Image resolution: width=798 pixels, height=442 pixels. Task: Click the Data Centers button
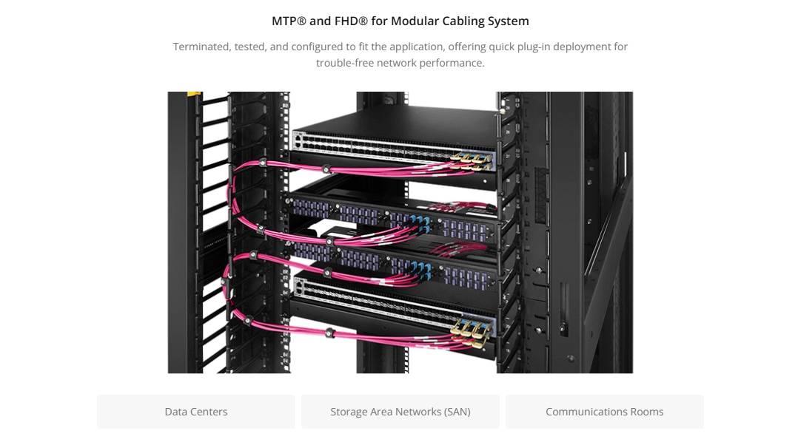point(196,412)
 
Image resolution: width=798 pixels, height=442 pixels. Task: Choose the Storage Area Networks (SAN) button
point(400,412)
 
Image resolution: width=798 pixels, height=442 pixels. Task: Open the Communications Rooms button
point(605,412)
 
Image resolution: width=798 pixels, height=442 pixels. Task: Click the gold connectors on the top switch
point(472,161)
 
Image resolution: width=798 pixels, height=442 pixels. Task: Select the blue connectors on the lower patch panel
point(421,271)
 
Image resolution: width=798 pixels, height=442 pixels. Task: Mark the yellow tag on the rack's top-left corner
point(194,94)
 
